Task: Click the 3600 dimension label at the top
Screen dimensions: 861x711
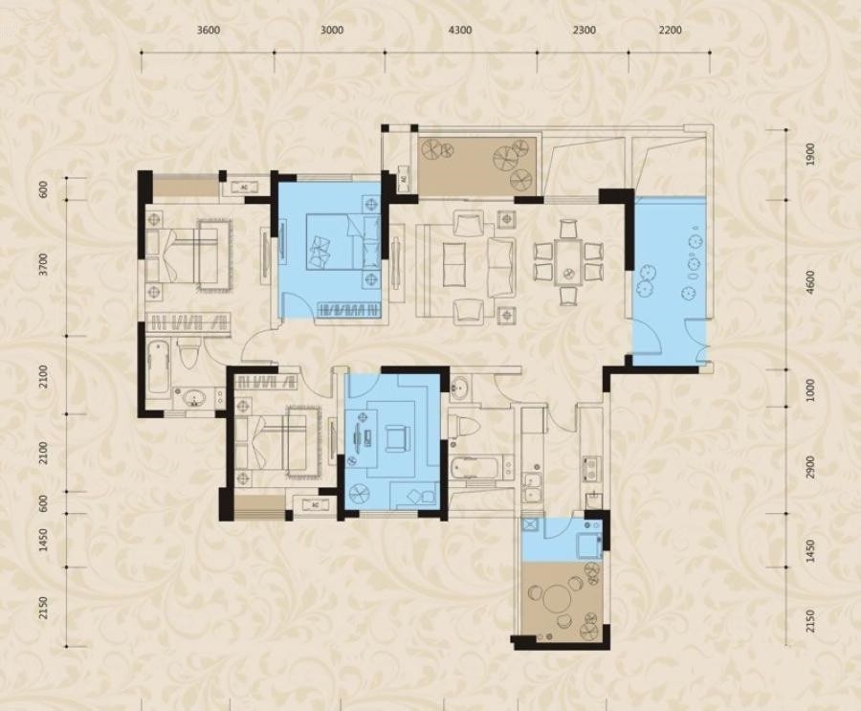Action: [x=209, y=30]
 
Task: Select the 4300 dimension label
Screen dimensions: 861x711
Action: [x=460, y=30]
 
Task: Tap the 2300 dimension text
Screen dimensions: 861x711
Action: [x=585, y=30]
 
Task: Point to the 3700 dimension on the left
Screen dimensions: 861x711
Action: [x=44, y=265]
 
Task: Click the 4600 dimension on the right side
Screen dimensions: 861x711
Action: [x=810, y=282]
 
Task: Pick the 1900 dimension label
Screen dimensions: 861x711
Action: [x=810, y=154]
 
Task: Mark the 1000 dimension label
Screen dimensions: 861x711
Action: [x=810, y=390]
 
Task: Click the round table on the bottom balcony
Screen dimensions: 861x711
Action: [x=557, y=597]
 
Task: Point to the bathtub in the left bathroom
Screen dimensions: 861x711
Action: [x=158, y=367]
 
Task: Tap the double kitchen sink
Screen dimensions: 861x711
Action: [x=532, y=487]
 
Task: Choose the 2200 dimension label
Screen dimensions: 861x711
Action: [x=670, y=30]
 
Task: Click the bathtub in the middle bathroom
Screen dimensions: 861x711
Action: [x=475, y=469]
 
